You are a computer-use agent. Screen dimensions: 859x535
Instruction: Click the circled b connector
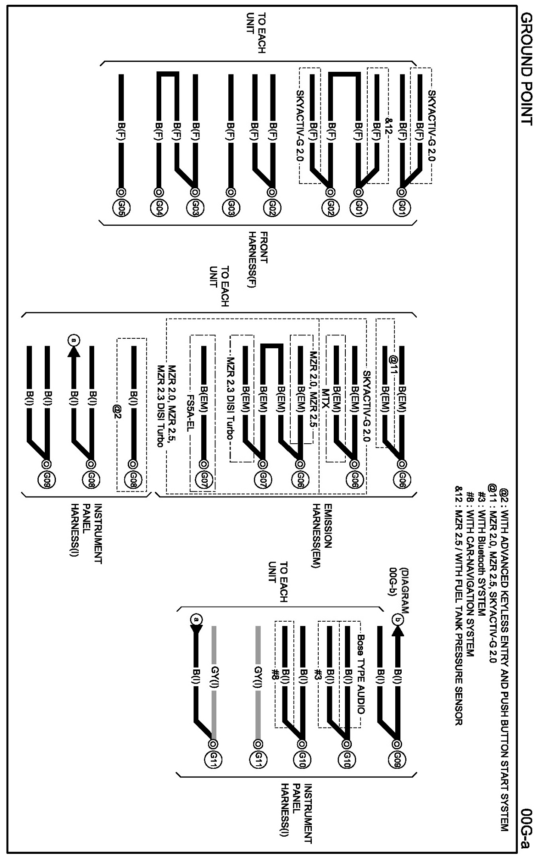(398, 620)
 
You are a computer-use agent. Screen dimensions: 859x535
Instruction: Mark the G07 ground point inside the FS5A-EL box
(203, 479)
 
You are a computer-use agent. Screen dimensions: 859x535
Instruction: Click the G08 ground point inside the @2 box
(133, 479)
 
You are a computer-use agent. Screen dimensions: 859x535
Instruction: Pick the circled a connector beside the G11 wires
(196, 620)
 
